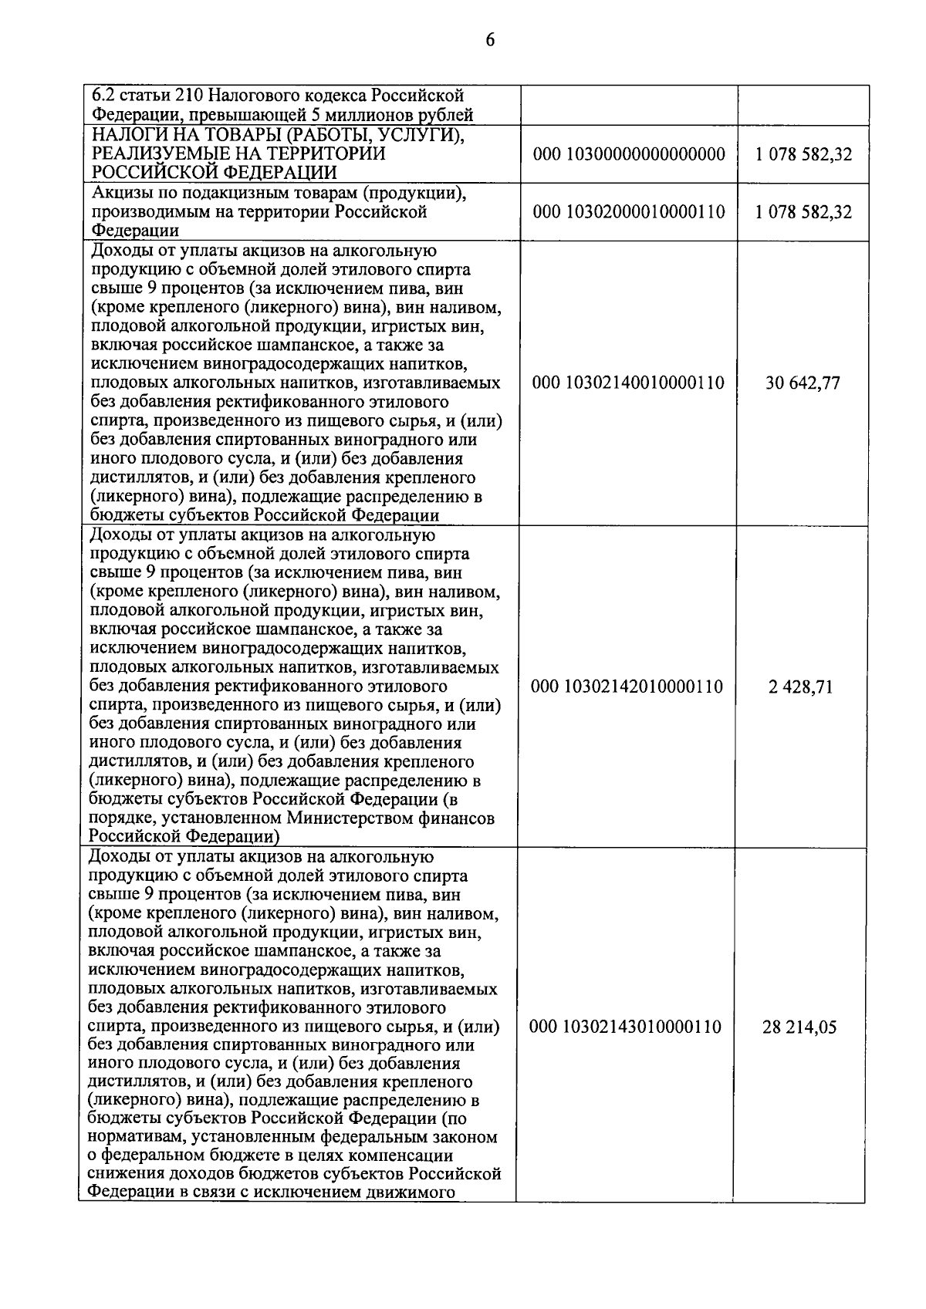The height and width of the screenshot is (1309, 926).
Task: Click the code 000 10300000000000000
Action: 629,154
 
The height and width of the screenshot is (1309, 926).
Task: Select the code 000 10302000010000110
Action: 629,211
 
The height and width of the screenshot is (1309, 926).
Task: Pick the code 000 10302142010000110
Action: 627,687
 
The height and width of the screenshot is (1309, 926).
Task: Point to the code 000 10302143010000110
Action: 627,1027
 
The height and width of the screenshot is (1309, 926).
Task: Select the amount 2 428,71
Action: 801,687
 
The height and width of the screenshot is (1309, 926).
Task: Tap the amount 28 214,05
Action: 800,1027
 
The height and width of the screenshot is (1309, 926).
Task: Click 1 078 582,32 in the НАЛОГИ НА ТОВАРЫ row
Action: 804,154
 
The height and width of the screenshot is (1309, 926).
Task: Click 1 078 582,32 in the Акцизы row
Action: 804,211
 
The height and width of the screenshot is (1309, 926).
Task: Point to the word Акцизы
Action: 122,193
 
